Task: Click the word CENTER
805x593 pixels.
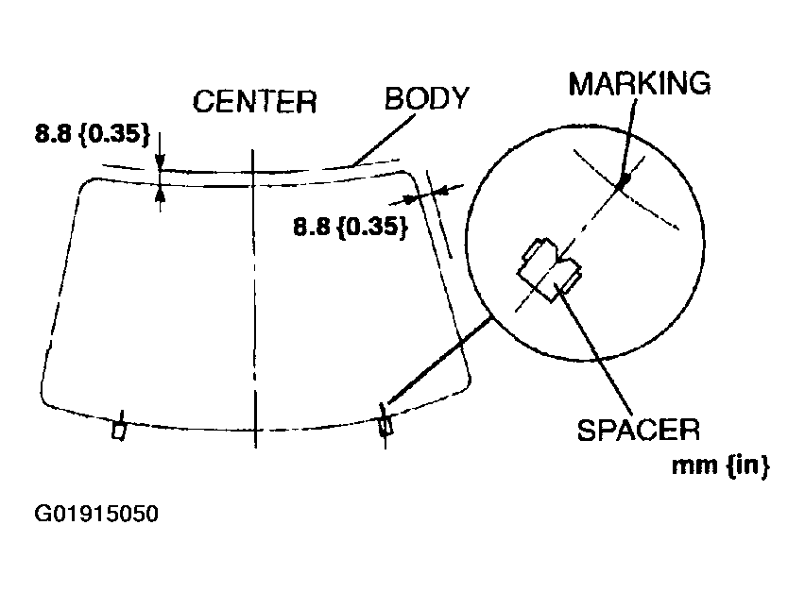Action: pyautogui.click(x=254, y=101)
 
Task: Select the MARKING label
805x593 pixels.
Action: pyautogui.click(x=639, y=83)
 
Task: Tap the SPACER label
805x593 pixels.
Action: pyautogui.click(x=638, y=431)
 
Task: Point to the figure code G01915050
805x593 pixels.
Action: pyautogui.click(x=96, y=515)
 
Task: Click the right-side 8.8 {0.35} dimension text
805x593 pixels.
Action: pyautogui.click(x=350, y=228)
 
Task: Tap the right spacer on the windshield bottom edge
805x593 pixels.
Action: pyautogui.click(x=385, y=425)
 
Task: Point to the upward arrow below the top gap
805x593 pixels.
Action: pyautogui.click(x=159, y=195)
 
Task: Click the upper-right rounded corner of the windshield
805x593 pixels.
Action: pyautogui.click(x=409, y=177)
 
